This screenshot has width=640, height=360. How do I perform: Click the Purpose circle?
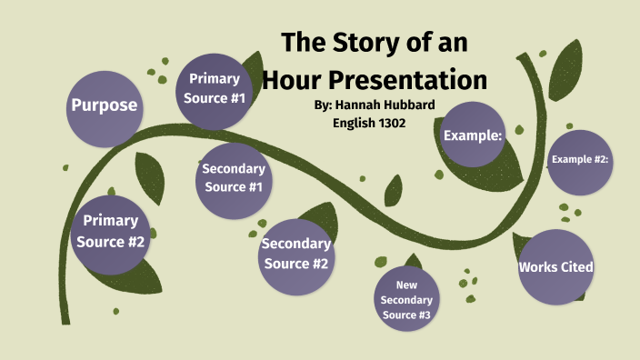tap(105, 105)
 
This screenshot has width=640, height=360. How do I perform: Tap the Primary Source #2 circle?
tap(110, 232)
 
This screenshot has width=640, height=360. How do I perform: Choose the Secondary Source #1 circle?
tap(233, 178)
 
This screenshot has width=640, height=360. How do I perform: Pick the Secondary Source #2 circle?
tap(295, 254)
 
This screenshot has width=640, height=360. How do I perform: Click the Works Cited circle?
tap(555, 267)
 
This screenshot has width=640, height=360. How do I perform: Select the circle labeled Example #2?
tap(579, 161)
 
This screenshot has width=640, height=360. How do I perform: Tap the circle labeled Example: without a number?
tap(473, 135)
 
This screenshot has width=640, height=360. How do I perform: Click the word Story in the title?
tap(375, 43)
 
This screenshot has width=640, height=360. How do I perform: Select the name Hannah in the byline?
tap(359, 105)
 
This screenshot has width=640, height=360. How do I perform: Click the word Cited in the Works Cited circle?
tap(575, 267)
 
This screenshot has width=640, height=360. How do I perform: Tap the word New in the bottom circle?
tap(406, 285)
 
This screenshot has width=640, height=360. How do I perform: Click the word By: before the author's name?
tap(323, 105)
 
